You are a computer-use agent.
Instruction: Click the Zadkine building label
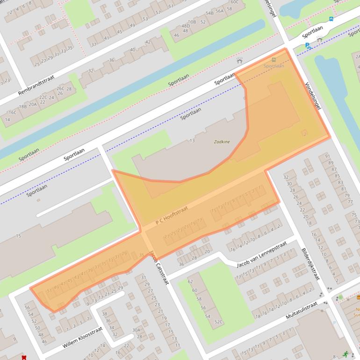pyautogui.click(x=222, y=141)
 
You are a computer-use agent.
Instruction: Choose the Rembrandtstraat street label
pyautogui.click(x=36, y=86)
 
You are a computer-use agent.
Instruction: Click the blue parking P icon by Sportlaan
pyautogui.click(x=307, y=45)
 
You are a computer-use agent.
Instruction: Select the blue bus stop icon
pyautogui.click(x=331, y=19)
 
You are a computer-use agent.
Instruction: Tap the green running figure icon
pyautogui.click(x=346, y=354)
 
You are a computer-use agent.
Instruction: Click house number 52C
pyautogui.click(x=218, y=322)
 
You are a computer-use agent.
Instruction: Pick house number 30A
pyautogui.click(x=136, y=330)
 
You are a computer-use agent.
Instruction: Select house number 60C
pyautogui.click(x=234, y=2)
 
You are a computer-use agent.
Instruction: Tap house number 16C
pyautogui.click(x=13, y=112)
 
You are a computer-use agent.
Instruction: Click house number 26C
pyautogui.click(x=60, y=88)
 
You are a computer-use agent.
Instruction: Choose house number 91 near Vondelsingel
pyautogui.click(x=327, y=156)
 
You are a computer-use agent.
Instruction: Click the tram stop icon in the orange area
pyautogui.click(x=274, y=59)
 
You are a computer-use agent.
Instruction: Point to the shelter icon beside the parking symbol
pyautogui.click(x=320, y=40)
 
